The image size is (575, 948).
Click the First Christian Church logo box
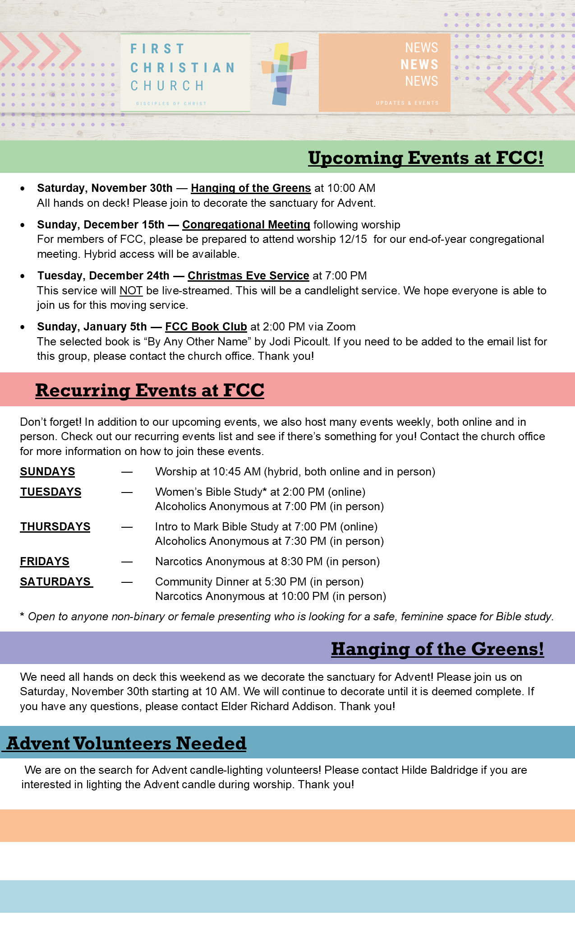tap(185, 73)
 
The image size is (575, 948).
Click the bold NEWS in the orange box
tap(419, 65)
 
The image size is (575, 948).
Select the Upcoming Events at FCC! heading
tap(426, 158)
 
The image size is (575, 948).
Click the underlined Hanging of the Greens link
tap(251, 188)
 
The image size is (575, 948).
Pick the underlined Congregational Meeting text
tap(246, 224)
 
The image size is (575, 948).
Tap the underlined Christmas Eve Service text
tap(248, 275)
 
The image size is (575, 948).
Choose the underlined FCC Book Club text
tap(206, 326)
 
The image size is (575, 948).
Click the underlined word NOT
tap(131, 290)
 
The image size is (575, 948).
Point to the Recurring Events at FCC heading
tap(150, 390)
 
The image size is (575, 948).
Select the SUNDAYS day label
tap(47, 471)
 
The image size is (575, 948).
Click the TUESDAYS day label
tap(51, 492)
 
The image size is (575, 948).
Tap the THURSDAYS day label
tap(55, 526)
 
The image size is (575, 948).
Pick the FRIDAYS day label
tap(45, 561)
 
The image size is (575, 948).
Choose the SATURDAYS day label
tap(55, 581)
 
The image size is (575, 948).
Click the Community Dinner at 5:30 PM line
tap(259, 581)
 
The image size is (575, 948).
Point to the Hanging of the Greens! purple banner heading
tap(437, 649)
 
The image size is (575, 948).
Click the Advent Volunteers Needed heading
tap(126, 743)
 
